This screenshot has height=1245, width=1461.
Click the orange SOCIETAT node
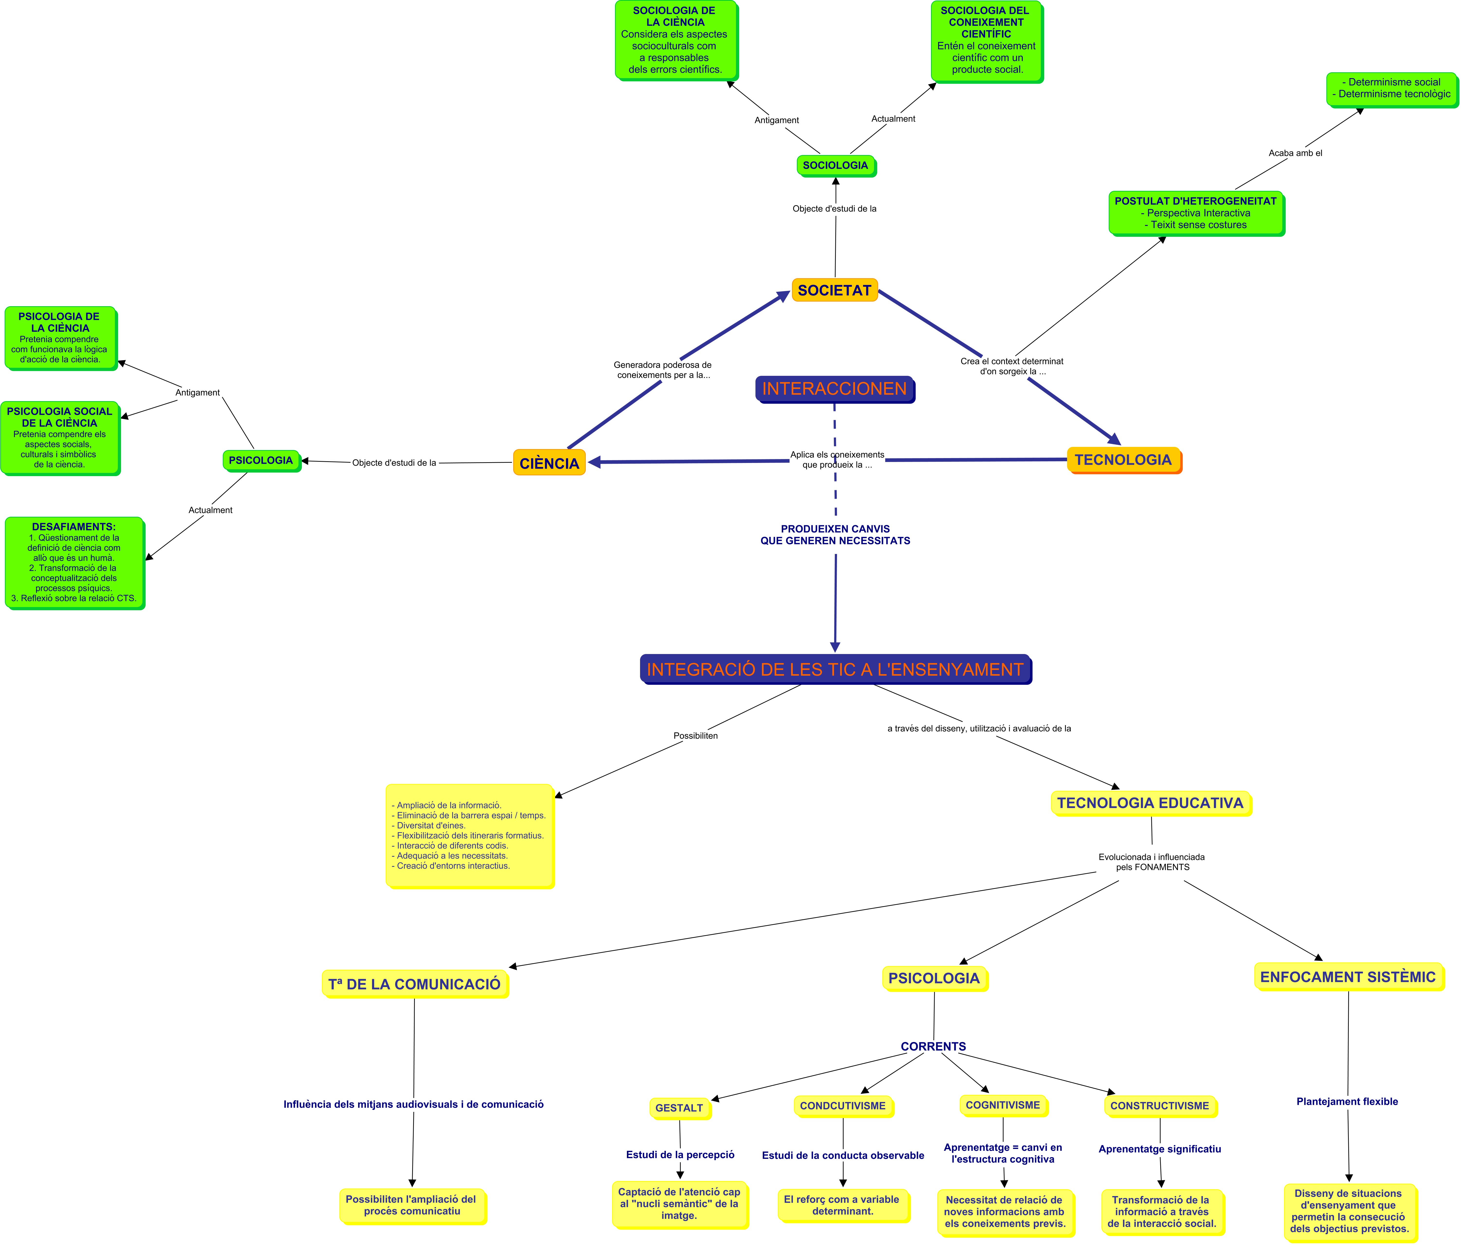[834, 290]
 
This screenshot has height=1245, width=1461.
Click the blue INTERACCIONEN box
[834, 388]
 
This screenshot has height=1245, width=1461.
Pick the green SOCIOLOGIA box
[836, 165]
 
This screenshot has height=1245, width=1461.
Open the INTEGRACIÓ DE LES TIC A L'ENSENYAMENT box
[835, 669]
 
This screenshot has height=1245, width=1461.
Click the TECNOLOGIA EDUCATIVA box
[1150, 803]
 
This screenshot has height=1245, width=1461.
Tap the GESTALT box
[679, 1107]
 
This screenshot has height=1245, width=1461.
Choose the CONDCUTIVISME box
[843, 1106]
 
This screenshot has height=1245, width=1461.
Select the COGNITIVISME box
[1003, 1105]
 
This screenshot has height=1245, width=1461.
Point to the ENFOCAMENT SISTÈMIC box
[1348, 976]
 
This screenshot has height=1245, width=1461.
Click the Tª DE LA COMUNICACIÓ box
[415, 984]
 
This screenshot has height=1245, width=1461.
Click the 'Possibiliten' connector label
[695, 735]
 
